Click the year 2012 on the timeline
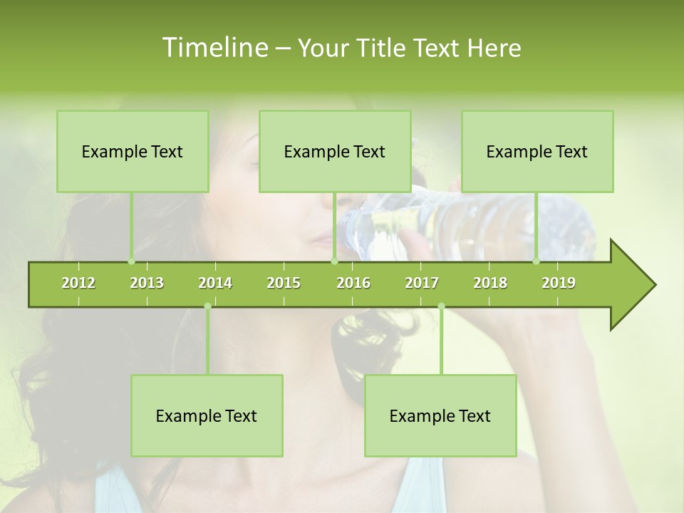click(x=78, y=284)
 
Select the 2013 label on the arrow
click(x=147, y=284)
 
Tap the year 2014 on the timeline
click(x=215, y=284)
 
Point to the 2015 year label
click(x=284, y=284)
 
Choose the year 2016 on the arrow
click(x=353, y=284)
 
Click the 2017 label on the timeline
click(x=422, y=284)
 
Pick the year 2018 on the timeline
click(x=490, y=284)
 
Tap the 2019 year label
click(x=559, y=284)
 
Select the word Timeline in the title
click(x=214, y=48)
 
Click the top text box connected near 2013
click(x=133, y=152)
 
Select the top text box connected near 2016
click(x=335, y=152)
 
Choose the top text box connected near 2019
click(x=537, y=152)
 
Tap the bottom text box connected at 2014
click(x=207, y=416)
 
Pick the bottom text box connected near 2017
click(x=440, y=416)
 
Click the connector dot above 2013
click(x=131, y=261)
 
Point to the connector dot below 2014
click(x=207, y=306)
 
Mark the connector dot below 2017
click(x=441, y=306)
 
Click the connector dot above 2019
click(x=536, y=261)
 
